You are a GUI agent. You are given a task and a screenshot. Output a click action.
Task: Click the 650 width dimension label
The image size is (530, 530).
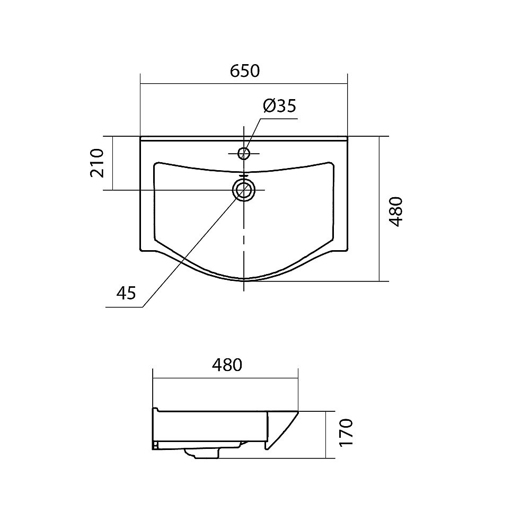(x=245, y=71)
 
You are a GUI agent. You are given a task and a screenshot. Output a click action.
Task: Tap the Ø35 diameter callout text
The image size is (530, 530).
(x=279, y=106)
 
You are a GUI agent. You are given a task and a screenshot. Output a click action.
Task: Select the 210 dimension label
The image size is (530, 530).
(x=97, y=163)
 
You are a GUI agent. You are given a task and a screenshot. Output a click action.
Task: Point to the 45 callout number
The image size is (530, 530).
(x=126, y=293)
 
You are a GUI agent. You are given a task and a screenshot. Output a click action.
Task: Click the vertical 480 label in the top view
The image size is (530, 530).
(x=396, y=211)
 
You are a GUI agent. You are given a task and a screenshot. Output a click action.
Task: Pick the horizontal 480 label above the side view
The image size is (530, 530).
(x=227, y=365)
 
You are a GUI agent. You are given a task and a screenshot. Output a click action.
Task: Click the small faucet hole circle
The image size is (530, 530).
(x=244, y=154)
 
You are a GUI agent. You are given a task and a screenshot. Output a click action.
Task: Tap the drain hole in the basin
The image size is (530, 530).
(x=244, y=190)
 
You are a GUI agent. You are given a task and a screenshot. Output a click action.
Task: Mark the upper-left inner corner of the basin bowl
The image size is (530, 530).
(x=155, y=165)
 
